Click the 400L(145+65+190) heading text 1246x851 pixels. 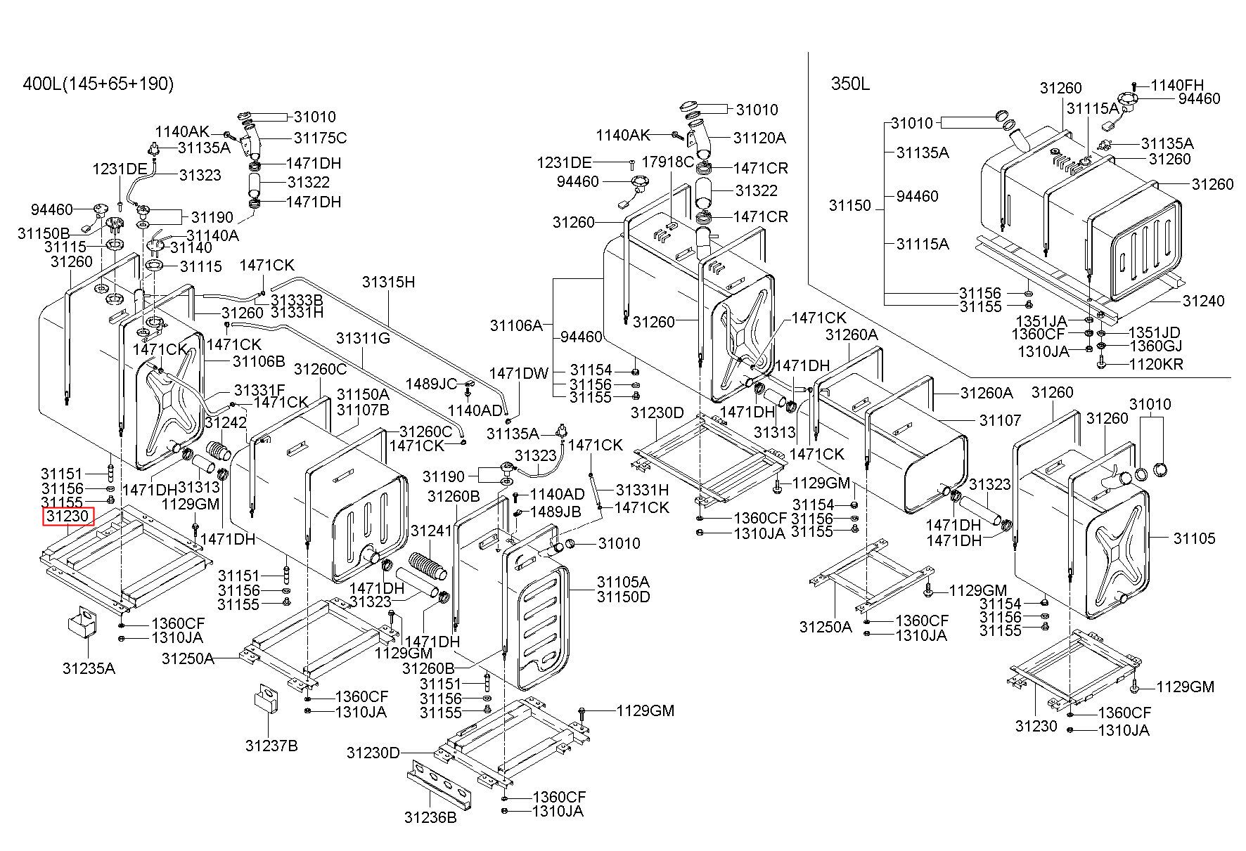tap(98, 84)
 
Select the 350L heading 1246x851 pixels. tap(850, 84)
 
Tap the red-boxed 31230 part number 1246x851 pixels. tap(68, 517)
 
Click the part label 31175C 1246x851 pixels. tap(320, 138)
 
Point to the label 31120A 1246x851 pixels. tap(759, 138)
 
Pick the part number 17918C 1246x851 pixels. tap(668, 162)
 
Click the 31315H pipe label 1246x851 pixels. tap(389, 282)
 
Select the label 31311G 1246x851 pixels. tap(363, 339)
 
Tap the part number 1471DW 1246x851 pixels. tap(519, 374)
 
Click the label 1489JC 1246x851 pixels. tap(431, 384)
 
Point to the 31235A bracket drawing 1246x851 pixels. tap(82, 623)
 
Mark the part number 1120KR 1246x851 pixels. tap(1156, 365)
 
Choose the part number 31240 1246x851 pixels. tap(1203, 301)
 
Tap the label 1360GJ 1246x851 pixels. tap(1155, 346)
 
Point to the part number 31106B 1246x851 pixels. tap(259, 362)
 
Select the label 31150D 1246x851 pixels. tap(623, 597)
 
